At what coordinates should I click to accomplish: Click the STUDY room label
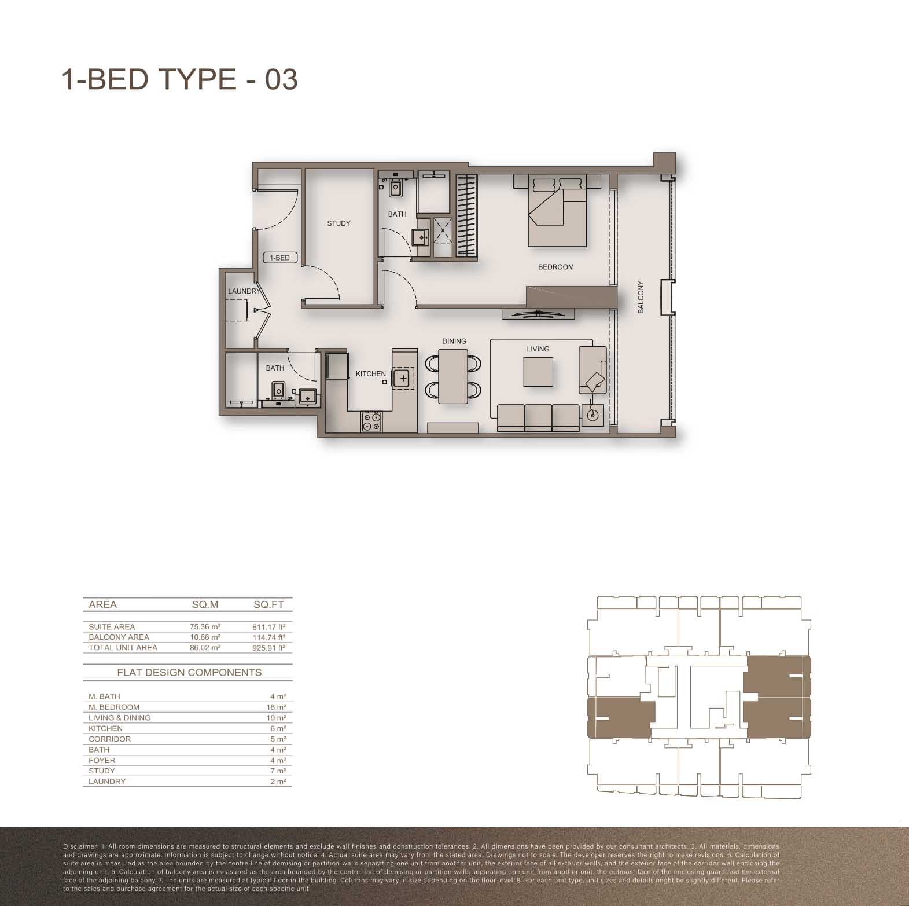point(338,223)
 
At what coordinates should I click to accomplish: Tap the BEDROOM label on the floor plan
point(556,267)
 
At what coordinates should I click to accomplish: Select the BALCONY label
point(641,298)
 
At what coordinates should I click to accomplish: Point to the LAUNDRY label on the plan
point(244,291)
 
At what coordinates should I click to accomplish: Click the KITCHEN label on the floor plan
point(371,374)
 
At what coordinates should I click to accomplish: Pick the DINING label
point(454,342)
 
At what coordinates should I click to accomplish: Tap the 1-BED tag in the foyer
point(280,258)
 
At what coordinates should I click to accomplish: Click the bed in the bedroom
point(557,212)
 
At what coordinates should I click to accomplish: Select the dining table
point(453,377)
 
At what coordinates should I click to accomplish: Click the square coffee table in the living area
point(538,372)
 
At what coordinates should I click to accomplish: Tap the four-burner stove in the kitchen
point(371,421)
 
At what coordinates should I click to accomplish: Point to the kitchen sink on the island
point(403,379)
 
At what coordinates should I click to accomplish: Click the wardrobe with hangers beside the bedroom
point(467,215)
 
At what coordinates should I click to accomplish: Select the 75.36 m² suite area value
point(205,627)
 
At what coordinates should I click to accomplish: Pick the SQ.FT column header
point(268,605)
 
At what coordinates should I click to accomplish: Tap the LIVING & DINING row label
point(120,718)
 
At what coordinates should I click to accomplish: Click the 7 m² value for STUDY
point(278,771)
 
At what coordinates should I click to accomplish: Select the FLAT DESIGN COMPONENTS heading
point(189,673)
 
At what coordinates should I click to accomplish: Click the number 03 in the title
point(282,79)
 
